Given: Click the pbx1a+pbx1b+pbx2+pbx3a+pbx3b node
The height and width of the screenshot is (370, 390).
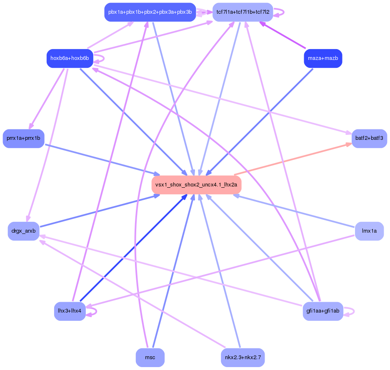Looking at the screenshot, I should [x=150, y=12].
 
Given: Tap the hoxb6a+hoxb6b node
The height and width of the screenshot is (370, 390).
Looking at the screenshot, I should [x=69, y=58].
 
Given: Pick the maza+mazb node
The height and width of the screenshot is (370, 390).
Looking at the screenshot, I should [x=323, y=58].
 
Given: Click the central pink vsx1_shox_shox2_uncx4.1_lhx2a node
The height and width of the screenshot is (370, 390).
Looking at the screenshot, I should [x=196, y=185].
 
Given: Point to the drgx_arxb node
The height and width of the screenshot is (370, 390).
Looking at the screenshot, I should [x=23, y=231].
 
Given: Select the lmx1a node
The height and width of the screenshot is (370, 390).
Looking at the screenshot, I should [x=369, y=231].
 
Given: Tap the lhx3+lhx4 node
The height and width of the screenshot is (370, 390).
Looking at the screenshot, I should [x=70, y=311].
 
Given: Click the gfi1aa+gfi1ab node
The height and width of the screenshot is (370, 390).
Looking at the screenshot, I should [x=323, y=311].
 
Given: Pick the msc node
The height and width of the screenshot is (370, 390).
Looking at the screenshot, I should [x=150, y=358].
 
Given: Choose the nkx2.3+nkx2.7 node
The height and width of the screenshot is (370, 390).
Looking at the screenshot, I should [x=242, y=358].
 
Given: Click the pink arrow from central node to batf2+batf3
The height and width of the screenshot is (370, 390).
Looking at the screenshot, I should [x=292, y=159].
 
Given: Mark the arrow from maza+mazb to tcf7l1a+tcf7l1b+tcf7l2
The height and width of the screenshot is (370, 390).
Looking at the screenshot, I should [x=283, y=35].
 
